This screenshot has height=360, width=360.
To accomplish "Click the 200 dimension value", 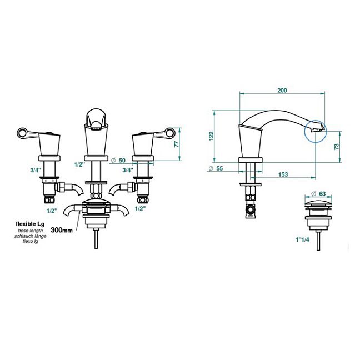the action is [x=282, y=91].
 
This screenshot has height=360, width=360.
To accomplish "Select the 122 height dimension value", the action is [x=211, y=136].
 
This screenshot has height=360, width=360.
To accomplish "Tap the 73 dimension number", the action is [x=336, y=147].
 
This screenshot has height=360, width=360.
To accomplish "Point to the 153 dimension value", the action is [x=283, y=174].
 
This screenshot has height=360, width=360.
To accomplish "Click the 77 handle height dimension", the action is [x=176, y=144].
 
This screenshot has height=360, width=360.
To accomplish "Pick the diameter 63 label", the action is [x=319, y=194].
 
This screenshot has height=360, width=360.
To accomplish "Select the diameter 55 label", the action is [x=216, y=168].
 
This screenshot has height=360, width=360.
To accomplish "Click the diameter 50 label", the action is [x=118, y=160].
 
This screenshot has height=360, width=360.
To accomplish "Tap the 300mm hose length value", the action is [x=62, y=230].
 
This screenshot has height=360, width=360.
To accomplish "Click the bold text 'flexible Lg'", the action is [x=30, y=224].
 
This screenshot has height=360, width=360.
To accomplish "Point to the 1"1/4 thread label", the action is [x=302, y=239].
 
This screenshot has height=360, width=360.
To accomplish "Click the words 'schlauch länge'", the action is [x=31, y=236].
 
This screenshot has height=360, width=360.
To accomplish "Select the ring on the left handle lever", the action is [x=22, y=133].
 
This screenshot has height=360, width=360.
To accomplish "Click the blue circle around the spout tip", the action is [x=316, y=131].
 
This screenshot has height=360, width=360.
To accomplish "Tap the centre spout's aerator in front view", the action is [x=96, y=127].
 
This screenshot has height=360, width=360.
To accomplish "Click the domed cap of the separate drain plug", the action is [x=318, y=202].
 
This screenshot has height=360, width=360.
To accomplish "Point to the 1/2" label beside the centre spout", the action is [x=79, y=164].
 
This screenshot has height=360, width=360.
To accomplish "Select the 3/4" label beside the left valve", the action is [x=36, y=170].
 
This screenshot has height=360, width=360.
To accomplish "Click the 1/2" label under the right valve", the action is [x=141, y=208].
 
